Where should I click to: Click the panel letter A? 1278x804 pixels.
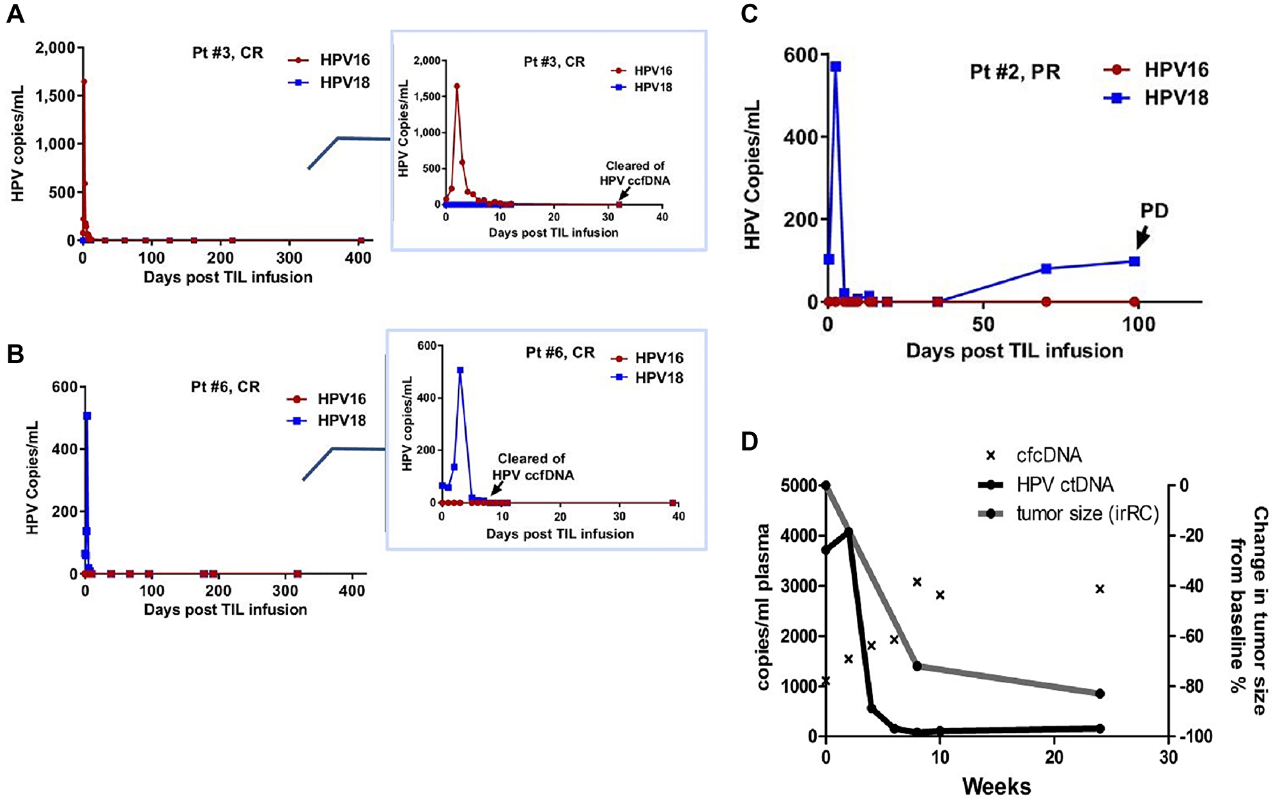click(x=15, y=14)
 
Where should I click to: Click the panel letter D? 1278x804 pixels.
click(x=749, y=441)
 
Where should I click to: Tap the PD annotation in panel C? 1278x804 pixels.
click(x=1154, y=210)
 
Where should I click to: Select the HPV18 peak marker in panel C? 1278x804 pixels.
click(x=835, y=66)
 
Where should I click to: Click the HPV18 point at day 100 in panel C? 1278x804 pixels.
click(x=1134, y=261)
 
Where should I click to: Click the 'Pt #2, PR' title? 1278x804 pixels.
click(x=1015, y=72)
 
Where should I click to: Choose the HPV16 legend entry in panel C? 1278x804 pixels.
click(x=1157, y=70)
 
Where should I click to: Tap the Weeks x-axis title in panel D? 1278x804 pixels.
click(x=996, y=786)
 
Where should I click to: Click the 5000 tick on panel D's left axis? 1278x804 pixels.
click(x=798, y=486)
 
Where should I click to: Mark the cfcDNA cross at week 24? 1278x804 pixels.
click(x=1100, y=589)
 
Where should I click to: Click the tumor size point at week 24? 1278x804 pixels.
click(x=1100, y=693)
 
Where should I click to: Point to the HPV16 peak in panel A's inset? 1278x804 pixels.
click(x=457, y=86)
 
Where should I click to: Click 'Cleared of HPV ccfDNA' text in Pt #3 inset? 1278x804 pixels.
click(x=635, y=173)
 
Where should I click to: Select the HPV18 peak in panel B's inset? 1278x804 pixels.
click(x=460, y=370)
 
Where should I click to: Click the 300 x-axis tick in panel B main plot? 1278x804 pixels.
click(x=285, y=591)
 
